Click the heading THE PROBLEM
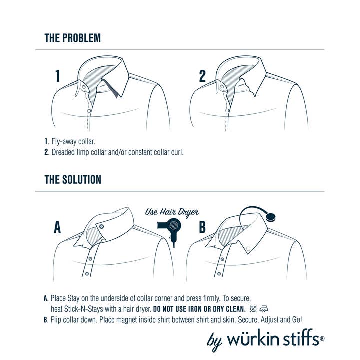(x=72, y=38)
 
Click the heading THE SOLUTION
(x=73, y=179)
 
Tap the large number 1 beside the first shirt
(x=58, y=76)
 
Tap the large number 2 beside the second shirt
(x=202, y=76)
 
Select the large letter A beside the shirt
(x=58, y=228)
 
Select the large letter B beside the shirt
(x=202, y=228)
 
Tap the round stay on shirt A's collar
(x=102, y=227)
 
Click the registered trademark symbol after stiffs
(x=322, y=338)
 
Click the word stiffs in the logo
(x=300, y=340)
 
